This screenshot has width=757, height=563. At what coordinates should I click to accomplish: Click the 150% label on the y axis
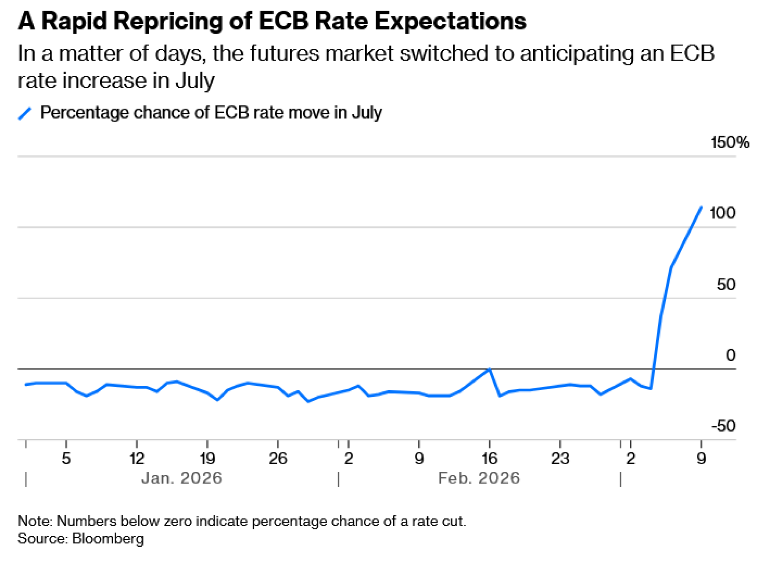click(729, 142)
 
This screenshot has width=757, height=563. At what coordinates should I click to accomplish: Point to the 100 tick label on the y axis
click(722, 213)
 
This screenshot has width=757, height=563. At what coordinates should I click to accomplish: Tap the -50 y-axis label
click(723, 426)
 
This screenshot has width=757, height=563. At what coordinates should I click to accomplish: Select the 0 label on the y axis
click(731, 355)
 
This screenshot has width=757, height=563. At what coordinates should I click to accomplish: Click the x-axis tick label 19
click(207, 458)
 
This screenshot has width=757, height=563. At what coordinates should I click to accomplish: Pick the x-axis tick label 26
click(278, 458)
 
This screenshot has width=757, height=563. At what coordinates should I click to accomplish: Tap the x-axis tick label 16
click(489, 458)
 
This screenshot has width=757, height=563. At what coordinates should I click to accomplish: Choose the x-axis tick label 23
click(560, 458)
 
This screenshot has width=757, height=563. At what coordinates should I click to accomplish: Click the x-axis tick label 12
click(137, 458)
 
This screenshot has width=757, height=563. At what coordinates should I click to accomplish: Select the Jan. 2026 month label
click(182, 478)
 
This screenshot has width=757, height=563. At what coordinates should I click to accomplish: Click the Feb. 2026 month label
click(479, 478)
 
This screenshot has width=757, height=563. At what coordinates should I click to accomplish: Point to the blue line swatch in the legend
click(25, 113)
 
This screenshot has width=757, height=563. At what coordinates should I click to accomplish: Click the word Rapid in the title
click(74, 21)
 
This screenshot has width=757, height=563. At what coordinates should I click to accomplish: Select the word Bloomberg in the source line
click(108, 538)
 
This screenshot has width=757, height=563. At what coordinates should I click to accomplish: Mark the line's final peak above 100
click(701, 207)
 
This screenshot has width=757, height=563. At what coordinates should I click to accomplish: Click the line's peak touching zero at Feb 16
click(489, 369)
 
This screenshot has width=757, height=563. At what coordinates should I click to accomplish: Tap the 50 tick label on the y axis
click(726, 285)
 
